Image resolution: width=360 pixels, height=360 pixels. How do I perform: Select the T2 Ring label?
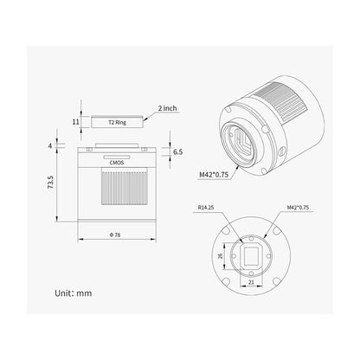coord(116,123)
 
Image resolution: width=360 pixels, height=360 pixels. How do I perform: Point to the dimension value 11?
coord(75,123)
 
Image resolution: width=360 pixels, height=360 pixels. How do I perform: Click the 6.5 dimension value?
coord(177,151)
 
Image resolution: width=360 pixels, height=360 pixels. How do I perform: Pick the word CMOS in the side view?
coord(116,161)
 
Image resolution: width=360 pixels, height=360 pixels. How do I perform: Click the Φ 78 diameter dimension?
coord(117,235)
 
